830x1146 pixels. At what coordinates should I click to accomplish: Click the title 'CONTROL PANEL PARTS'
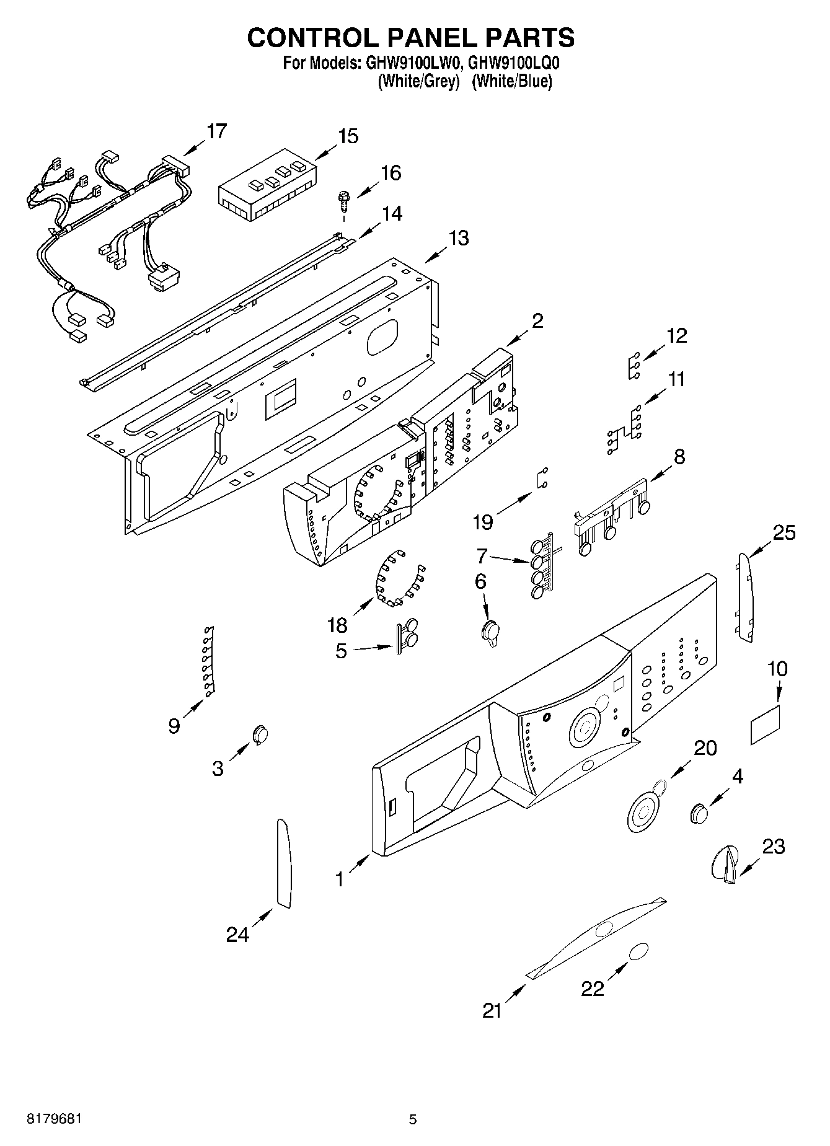411,38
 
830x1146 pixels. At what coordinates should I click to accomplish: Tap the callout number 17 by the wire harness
217,131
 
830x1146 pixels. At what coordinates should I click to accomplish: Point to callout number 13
459,238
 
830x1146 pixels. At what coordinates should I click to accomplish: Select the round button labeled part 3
260,733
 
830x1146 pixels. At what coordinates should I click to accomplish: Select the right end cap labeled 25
746,598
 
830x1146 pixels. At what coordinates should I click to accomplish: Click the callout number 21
492,1011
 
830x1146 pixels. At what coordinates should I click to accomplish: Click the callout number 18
337,625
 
